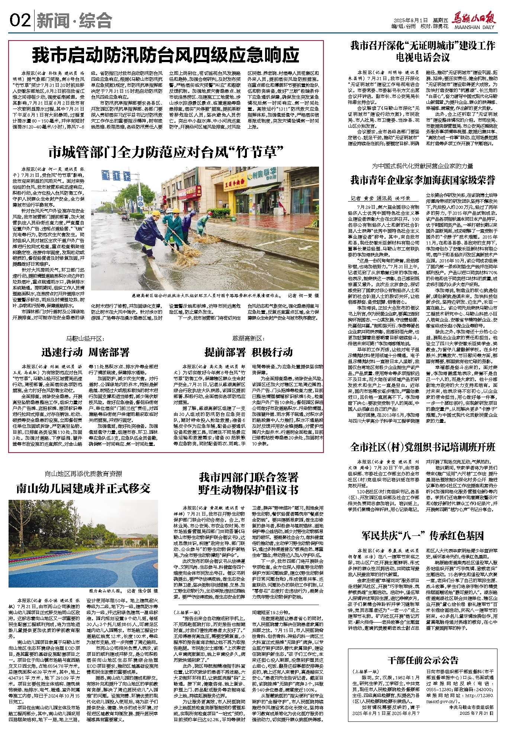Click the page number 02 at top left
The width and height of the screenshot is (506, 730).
tap(20, 20)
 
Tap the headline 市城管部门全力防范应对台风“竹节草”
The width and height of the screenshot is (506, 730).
tap(166, 152)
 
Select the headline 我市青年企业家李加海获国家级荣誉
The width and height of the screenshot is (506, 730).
tap(422, 180)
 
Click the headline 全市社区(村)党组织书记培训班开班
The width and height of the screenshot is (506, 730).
tap(423, 447)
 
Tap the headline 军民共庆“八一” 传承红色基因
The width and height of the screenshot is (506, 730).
tap(423, 536)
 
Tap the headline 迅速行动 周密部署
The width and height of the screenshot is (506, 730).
tap(85, 352)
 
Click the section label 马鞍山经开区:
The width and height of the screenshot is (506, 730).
tap(85, 338)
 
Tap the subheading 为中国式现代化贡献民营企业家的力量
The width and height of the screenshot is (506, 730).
tap(422, 166)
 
